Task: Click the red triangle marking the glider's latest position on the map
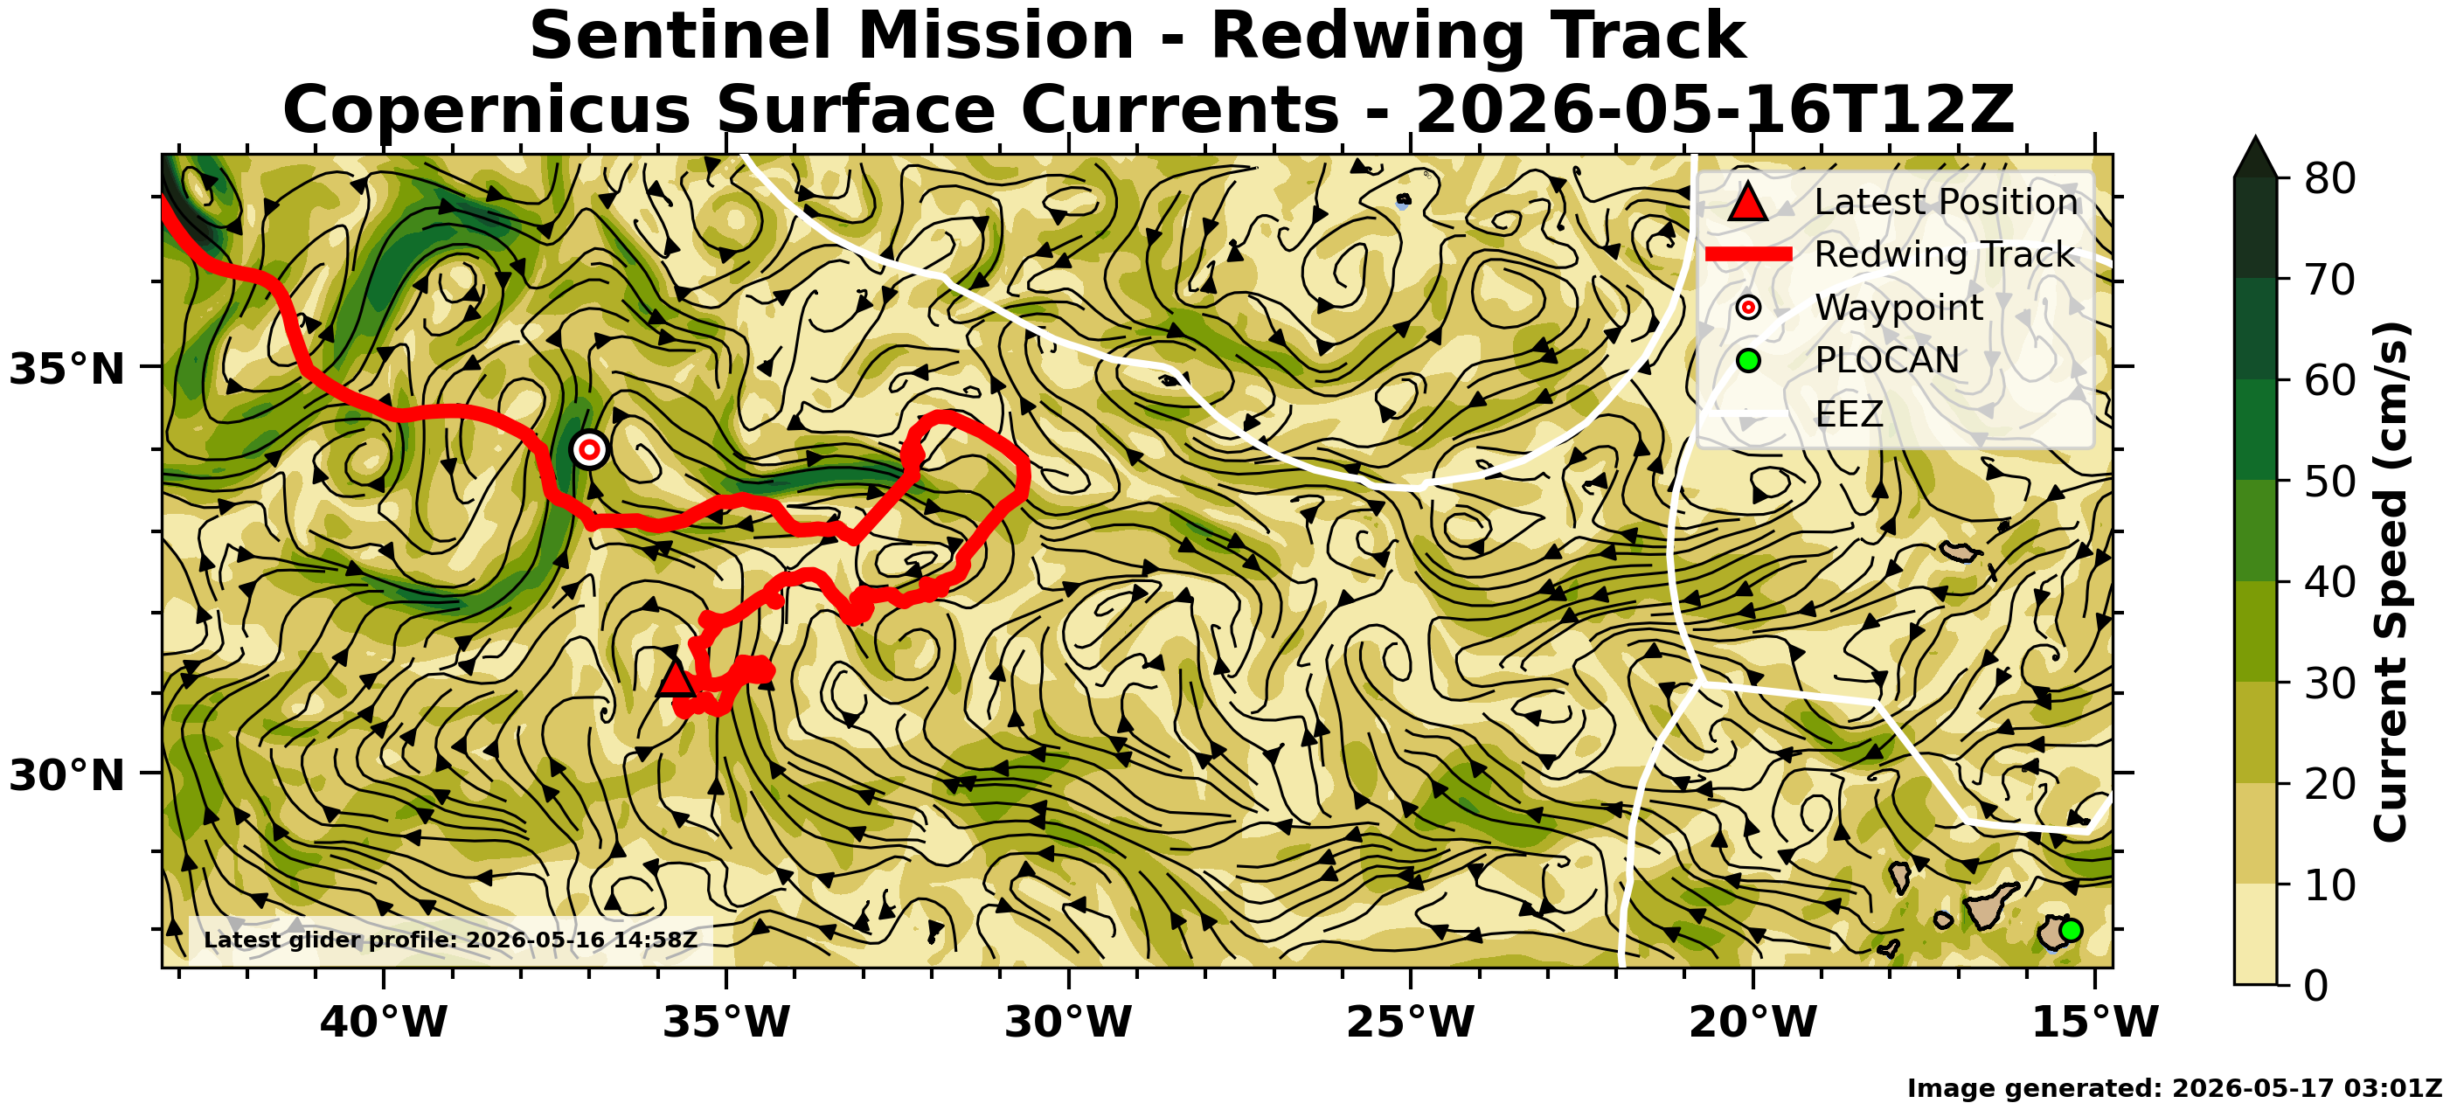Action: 676,679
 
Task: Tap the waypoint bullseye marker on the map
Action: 590,449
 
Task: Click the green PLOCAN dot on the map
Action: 2070,930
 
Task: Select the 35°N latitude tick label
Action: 66,368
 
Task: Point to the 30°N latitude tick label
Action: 66,775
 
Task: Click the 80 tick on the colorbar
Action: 2329,178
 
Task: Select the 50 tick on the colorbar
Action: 2329,482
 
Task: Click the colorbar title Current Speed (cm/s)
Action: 2389,581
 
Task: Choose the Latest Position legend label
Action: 1946,202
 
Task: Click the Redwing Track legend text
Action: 1944,254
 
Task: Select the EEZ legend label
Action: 1849,413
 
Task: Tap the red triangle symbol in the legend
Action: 1747,202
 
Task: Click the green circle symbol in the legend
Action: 1748,360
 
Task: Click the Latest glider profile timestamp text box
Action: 451,940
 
